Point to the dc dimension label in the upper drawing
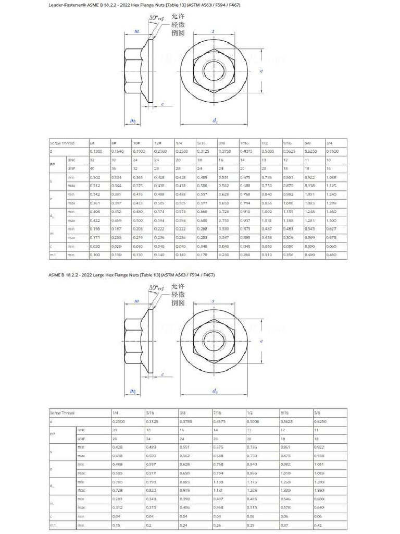(x=215, y=120)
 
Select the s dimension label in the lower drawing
(x=213, y=301)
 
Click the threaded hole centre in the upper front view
(x=214, y=70)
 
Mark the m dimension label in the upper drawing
(x=136, y=31)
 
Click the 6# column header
(x=92, y=143)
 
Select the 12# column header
(x=158, y=143)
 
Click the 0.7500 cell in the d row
(x=332, y=151)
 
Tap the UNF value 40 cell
(x=92, y=168)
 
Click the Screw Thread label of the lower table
(x=62, y=412)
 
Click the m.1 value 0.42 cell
(x=318, y=525)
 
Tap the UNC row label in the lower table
(x=81, y=430)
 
